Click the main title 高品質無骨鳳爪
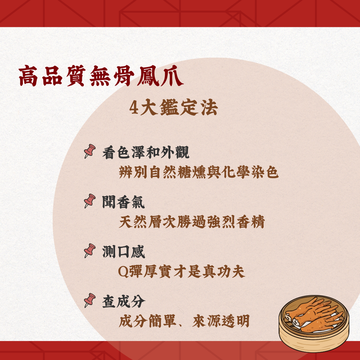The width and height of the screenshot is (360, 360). click(x=101, y=76)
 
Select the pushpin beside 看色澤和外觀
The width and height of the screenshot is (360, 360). click(x=89, y=152)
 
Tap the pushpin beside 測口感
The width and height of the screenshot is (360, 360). click(x=89, y=251)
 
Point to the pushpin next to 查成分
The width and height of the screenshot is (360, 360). click(x=89, y=300)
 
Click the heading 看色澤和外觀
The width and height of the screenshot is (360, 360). click(x=146, y=153)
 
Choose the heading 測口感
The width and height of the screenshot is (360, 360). click(x=124, y=252)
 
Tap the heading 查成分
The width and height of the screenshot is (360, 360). click(x=124, y=301)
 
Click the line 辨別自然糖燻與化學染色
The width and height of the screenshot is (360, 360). click(x=199, y=173)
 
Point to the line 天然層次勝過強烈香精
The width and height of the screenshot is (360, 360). click(x=192, y=222)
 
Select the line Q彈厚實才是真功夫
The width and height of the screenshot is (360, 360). click(x=182, y=272)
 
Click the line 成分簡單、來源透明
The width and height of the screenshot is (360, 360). click(x=184, y=321)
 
